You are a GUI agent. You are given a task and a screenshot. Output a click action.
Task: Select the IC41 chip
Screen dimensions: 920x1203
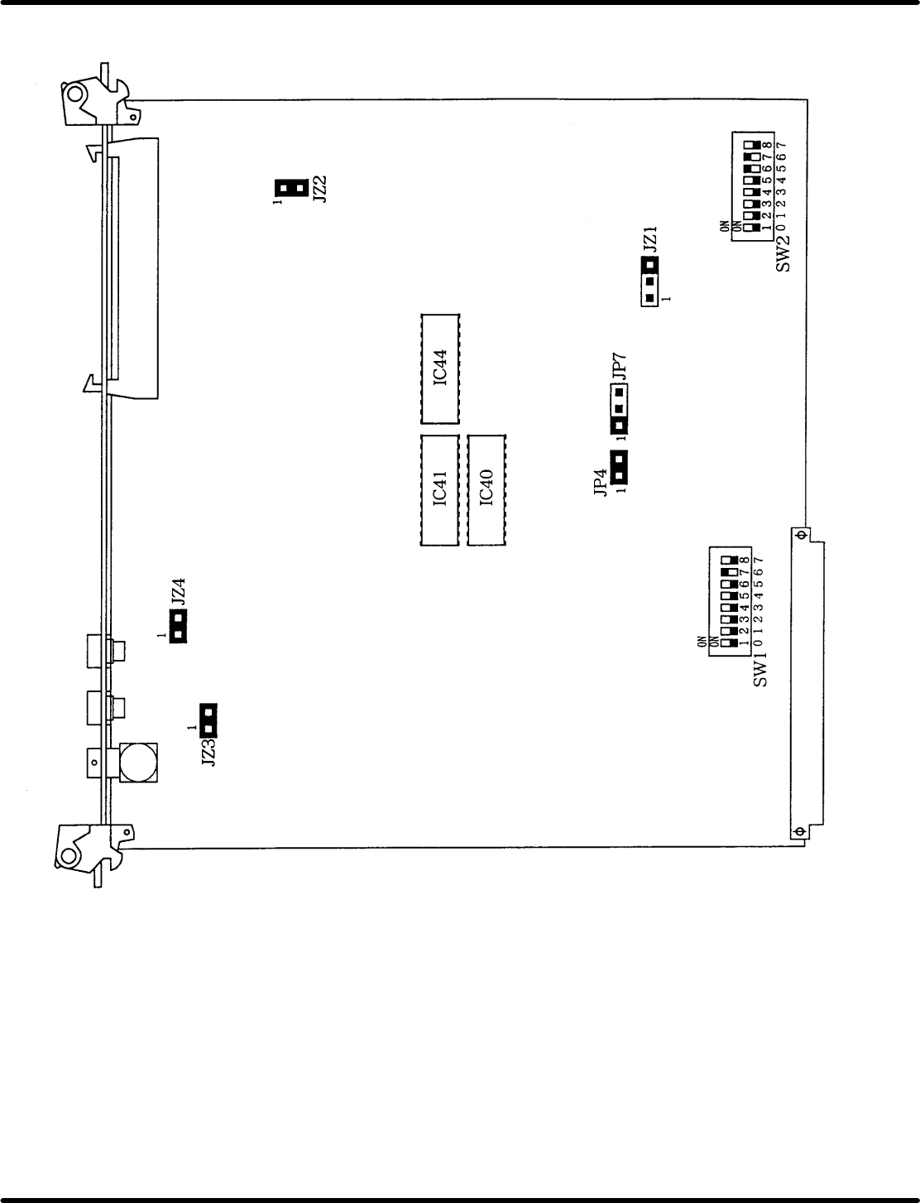439,490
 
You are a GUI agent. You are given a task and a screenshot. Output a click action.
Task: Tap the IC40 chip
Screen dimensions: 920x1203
486,490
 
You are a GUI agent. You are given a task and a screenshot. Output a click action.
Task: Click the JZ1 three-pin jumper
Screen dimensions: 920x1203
649,282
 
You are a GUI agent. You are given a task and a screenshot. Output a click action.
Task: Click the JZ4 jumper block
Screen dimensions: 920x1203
178,627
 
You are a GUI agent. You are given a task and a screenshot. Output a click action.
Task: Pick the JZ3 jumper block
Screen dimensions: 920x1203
208,720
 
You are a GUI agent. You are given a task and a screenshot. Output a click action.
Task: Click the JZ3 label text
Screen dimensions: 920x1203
208,753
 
